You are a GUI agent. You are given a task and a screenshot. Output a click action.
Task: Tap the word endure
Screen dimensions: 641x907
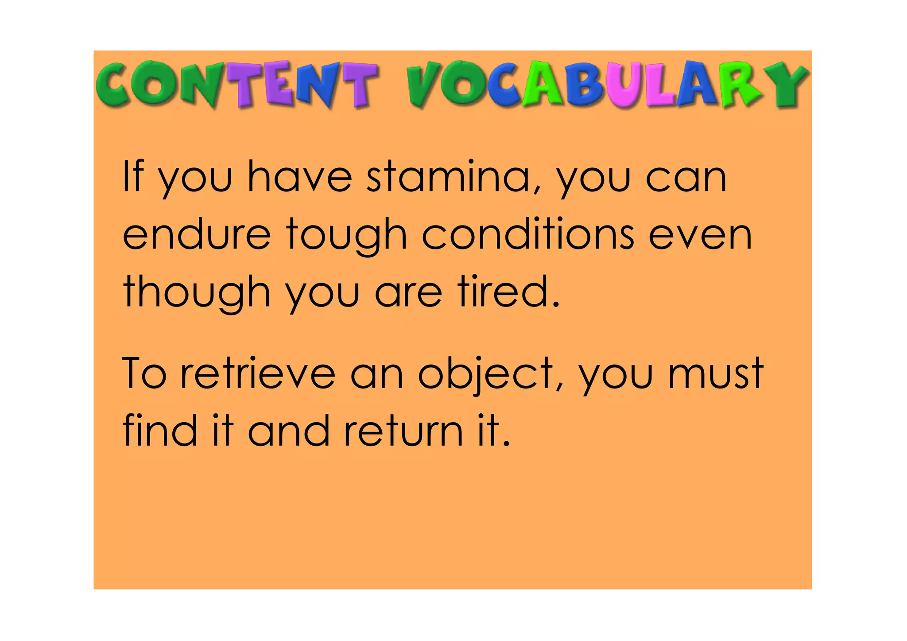196,235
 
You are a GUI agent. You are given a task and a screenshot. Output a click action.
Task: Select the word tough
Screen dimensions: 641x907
346,236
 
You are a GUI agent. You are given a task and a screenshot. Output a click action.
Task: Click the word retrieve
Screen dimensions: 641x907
258,373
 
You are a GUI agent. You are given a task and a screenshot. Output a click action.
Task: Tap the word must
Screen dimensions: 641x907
716,373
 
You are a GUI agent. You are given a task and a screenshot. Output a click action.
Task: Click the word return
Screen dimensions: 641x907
403,431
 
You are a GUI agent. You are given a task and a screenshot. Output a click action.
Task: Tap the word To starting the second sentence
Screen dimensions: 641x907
144,373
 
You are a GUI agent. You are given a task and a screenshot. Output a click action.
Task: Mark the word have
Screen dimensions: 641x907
299,177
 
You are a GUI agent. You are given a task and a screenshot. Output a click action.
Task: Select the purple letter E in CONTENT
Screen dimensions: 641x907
278,84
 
